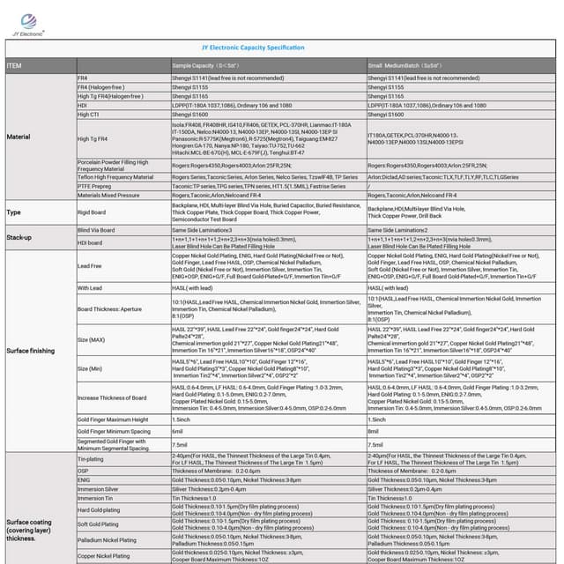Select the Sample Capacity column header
[205, 66]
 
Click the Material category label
[19, 137]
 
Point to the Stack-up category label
[20, 238]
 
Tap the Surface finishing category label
[32, 350]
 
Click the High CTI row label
[89, 115]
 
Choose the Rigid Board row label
[93, 212]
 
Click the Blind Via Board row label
[96, 230]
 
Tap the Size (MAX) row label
[91, 339]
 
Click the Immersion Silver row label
[98, 488]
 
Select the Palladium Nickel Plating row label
[108, 540]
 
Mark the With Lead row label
[90, 287]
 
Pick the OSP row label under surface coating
[83, 471]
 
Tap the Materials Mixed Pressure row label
[108, 196]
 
